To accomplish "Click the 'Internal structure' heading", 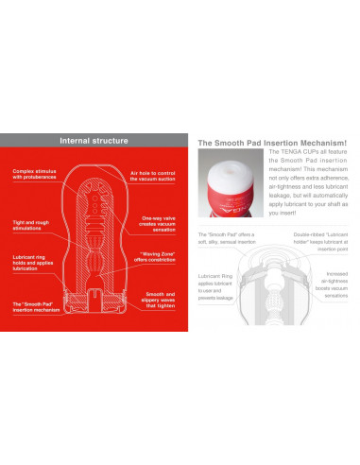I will pyautogui.click(x=94, y=141).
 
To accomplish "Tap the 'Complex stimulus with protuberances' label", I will pyautogui.click(x=36, y=175).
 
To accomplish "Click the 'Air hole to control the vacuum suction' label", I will pyautogui.click(x=153, y=176).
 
